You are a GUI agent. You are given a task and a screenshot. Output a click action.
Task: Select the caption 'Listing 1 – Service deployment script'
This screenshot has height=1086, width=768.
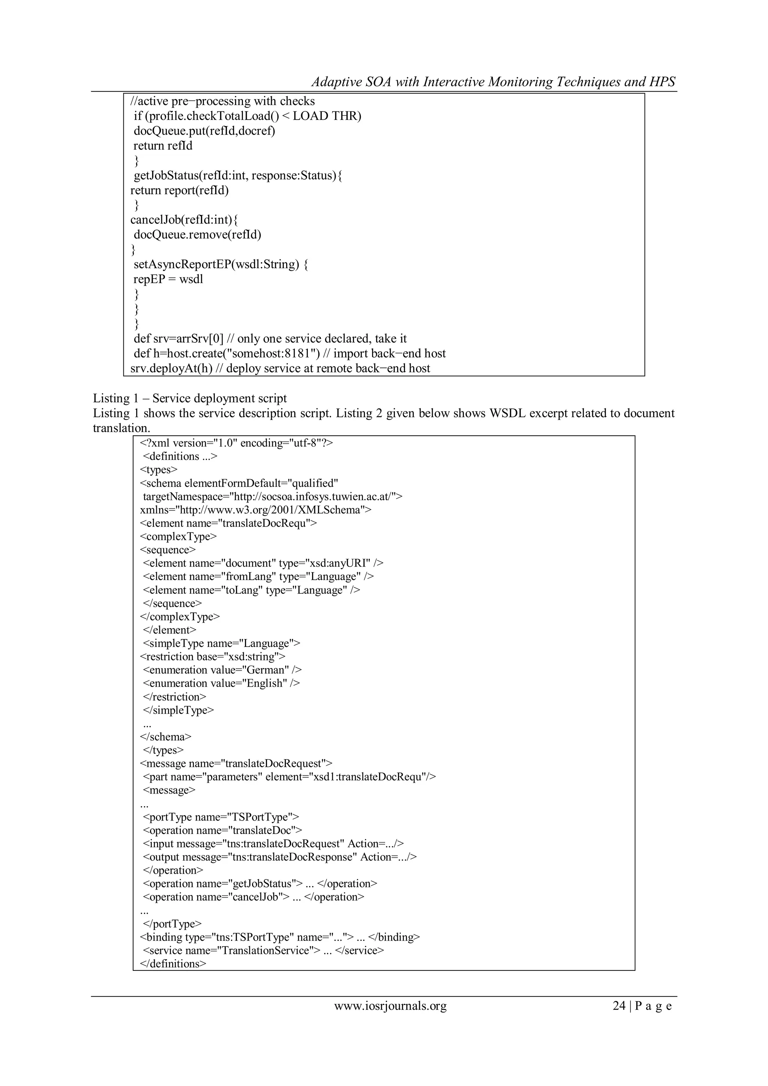point(190,398)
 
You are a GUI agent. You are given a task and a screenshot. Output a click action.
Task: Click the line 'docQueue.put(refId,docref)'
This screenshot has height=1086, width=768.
point(204,130)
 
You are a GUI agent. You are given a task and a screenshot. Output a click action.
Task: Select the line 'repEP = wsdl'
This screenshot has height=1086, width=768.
point(168,279)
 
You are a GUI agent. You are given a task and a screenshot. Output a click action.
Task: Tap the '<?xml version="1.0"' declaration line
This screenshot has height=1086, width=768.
point(237,443)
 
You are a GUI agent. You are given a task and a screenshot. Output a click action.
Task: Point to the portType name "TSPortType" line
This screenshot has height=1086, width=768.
point(221,817)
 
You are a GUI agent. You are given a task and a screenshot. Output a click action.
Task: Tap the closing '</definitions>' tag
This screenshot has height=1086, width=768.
point(173,963)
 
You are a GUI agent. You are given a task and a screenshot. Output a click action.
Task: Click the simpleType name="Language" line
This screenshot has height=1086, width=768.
point(221,643)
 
